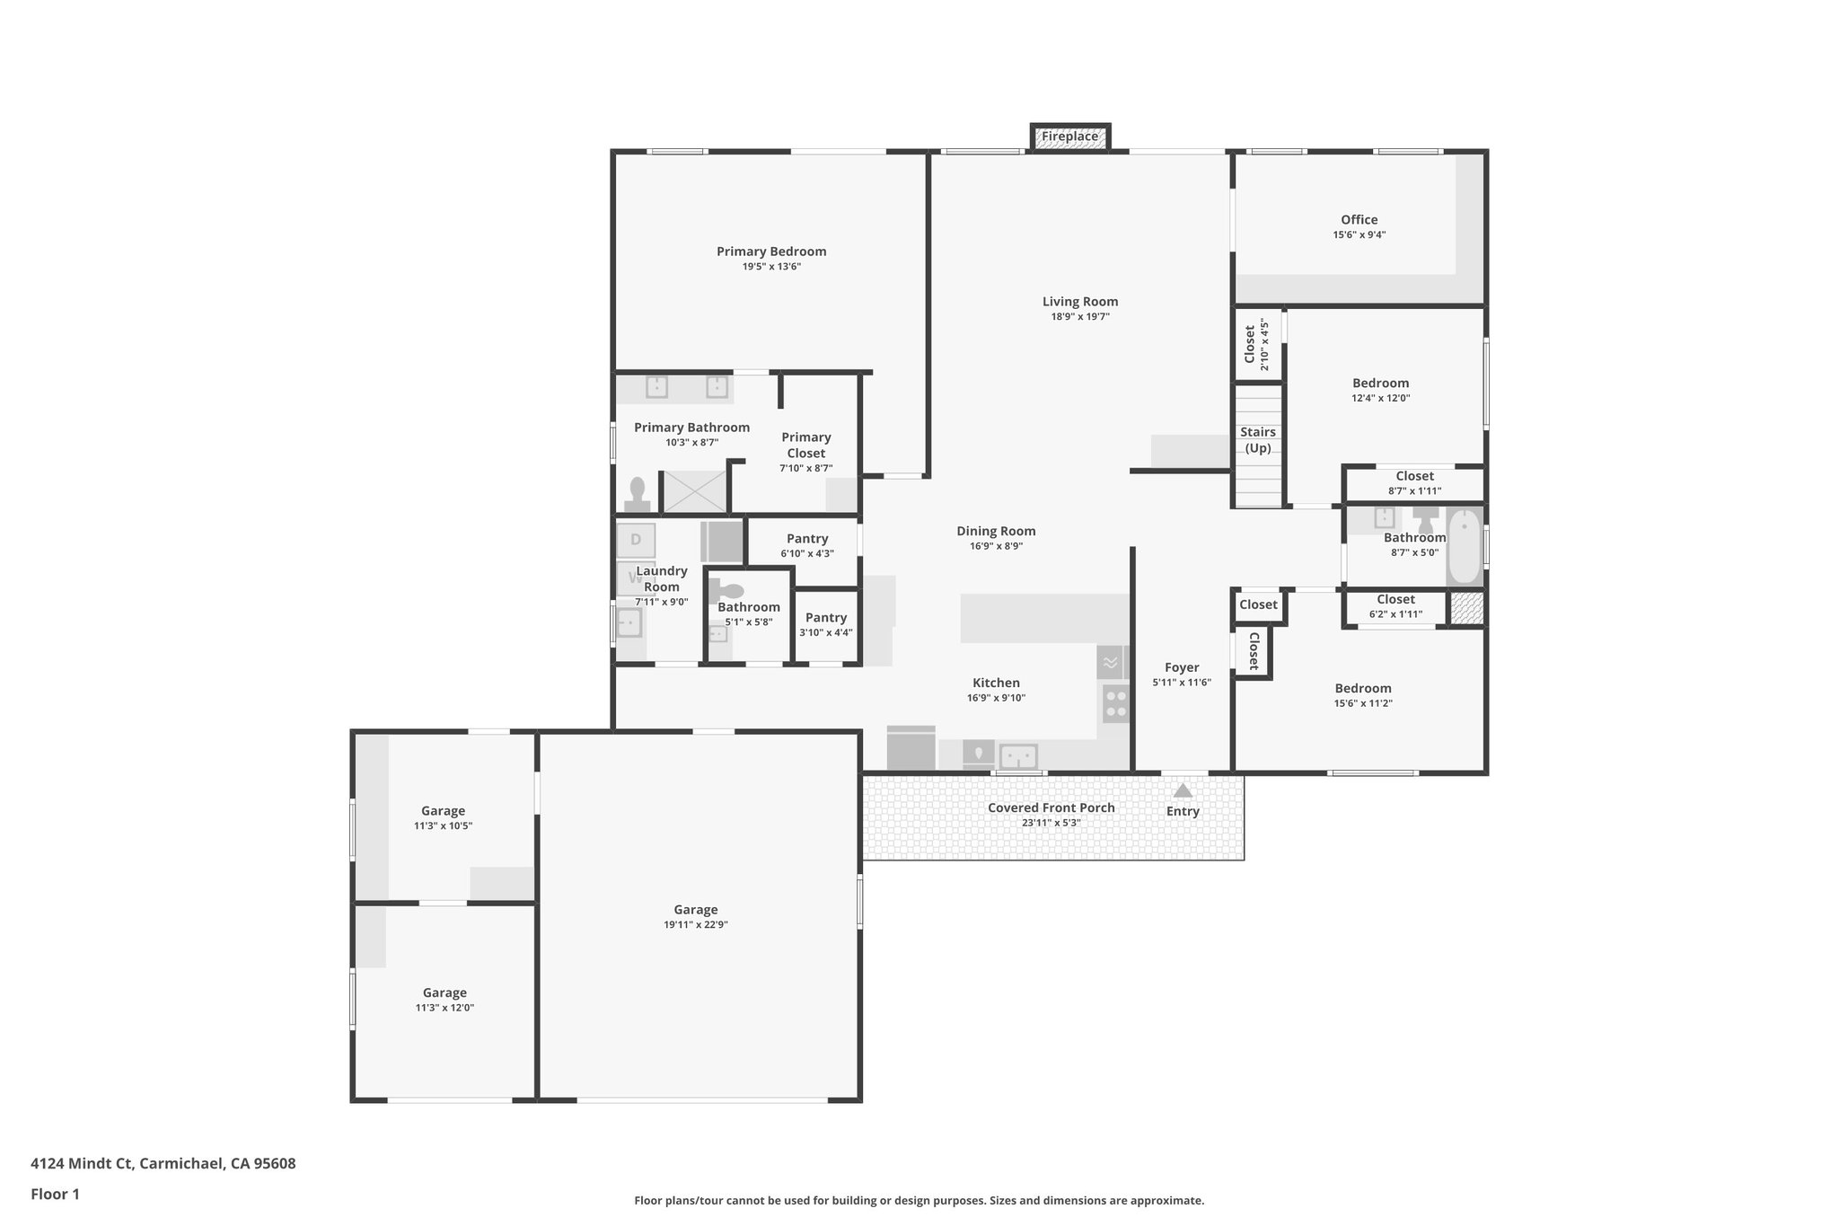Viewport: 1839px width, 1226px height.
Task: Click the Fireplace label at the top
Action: click(1069, 137)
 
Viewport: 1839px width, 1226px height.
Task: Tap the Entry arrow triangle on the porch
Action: click(1183, 790)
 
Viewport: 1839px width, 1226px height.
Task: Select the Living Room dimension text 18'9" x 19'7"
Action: click(1080, 317)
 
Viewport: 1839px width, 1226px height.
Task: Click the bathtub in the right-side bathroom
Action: click(1465, 546)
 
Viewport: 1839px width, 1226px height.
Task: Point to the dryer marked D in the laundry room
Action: click(636, 540)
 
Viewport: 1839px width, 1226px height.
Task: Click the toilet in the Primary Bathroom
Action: click(638, 495)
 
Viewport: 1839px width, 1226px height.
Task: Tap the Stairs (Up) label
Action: click(1257, 440)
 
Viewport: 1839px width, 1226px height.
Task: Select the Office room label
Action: click(1359, 219)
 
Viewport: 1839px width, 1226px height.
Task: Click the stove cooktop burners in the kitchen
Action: click(1115, 703)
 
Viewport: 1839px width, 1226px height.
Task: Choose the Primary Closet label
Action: click(805, 445)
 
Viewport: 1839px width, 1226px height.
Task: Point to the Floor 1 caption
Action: click(55, 1195)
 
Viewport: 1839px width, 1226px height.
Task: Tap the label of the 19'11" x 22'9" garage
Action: click(695, 910)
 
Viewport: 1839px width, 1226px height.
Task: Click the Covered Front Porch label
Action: click(1051, 807)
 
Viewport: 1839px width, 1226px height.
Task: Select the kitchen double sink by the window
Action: click(1018, 756)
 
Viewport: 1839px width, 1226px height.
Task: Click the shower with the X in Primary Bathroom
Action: click(694, 492)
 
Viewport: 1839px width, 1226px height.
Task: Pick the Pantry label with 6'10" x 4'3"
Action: click(806, 539)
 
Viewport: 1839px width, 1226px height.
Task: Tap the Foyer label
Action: click(1181, 667)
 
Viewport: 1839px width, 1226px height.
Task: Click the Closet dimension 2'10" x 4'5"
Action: click(1264, 344)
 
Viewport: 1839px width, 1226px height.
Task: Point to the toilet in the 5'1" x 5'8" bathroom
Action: click(728, 591)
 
